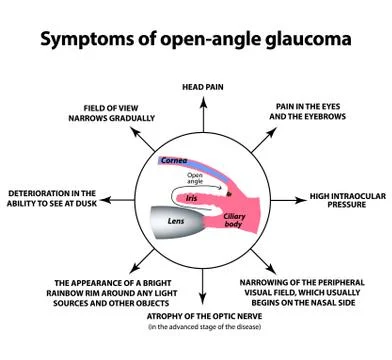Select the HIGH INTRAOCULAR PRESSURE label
click(345, 200)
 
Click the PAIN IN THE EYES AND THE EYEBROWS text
click(315, 111)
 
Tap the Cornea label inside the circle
click(174, 160)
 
